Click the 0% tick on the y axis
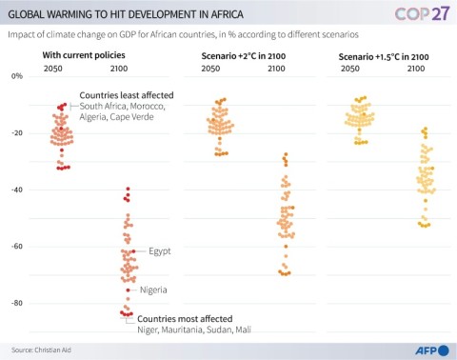15,75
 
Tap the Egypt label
159,251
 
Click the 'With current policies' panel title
84,57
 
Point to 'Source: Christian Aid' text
44,349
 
